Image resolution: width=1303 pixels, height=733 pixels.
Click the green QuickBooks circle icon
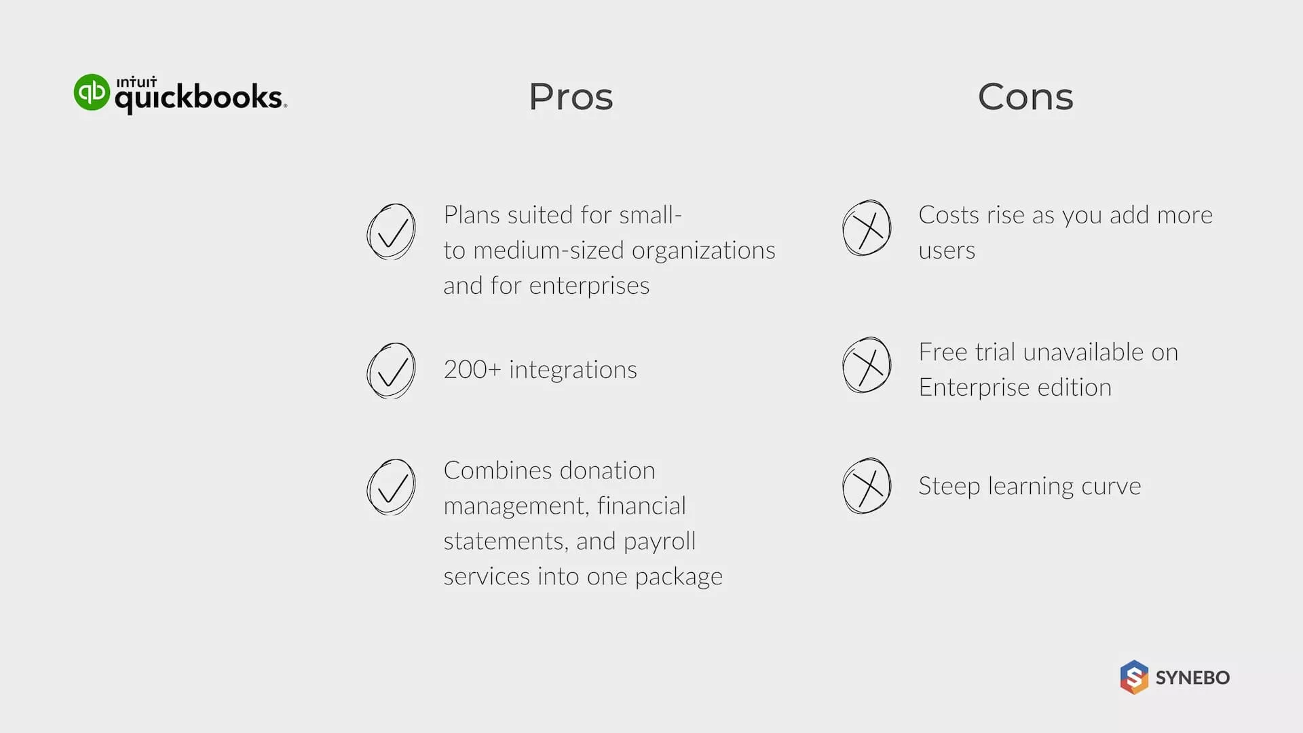(x=92, y=92)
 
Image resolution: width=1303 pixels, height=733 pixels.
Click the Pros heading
(x=571, y=96)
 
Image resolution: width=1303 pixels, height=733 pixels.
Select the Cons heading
(x=1025, y=96)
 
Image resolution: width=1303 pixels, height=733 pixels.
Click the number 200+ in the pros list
(x=472, y=370)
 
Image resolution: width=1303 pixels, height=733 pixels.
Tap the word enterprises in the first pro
(x=589, y=286)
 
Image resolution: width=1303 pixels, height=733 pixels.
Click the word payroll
(x=660, y=542)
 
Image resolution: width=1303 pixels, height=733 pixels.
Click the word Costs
(x=949, y=215)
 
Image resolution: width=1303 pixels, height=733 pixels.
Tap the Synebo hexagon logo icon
(x=1134, y=677)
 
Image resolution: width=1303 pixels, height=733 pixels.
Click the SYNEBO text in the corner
(x=1192, y=677)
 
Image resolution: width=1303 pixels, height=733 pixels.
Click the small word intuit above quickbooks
(x=136, y=82)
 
